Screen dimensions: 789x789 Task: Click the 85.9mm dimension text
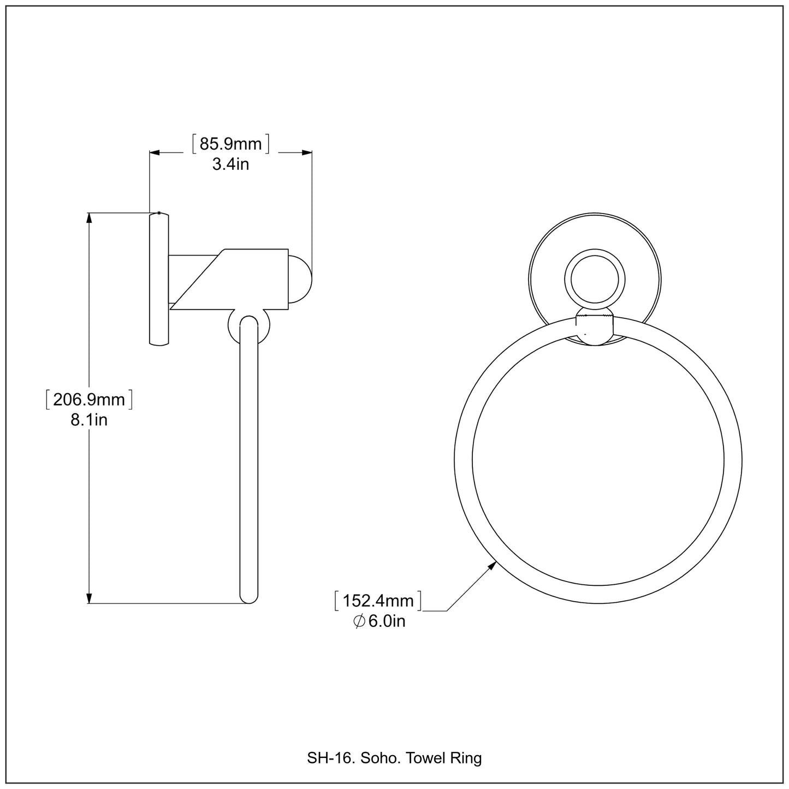click(x=231, y=144)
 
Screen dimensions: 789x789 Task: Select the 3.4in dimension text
click(x=230, y=164)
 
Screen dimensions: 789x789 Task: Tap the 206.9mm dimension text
click(x=89, y=400)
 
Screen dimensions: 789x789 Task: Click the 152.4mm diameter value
click(x=378, y=601)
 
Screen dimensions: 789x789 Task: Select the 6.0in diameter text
click(x=387, y=621)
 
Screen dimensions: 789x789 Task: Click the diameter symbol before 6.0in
click(x=359, y=621)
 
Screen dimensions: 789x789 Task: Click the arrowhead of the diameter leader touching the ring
click(x=492, y=566)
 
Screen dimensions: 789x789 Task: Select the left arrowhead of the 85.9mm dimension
click(x=155, y=153)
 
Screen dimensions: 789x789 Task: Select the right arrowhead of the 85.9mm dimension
click(x=307, y=153)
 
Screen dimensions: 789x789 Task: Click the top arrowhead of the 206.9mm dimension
click(x=89, y=217)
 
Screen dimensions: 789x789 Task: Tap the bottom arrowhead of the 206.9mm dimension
click(x=89, y=598)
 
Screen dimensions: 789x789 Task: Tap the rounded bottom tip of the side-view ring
click(x=248, y=598)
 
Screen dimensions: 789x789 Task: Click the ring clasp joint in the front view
click(x=595, y=329)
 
